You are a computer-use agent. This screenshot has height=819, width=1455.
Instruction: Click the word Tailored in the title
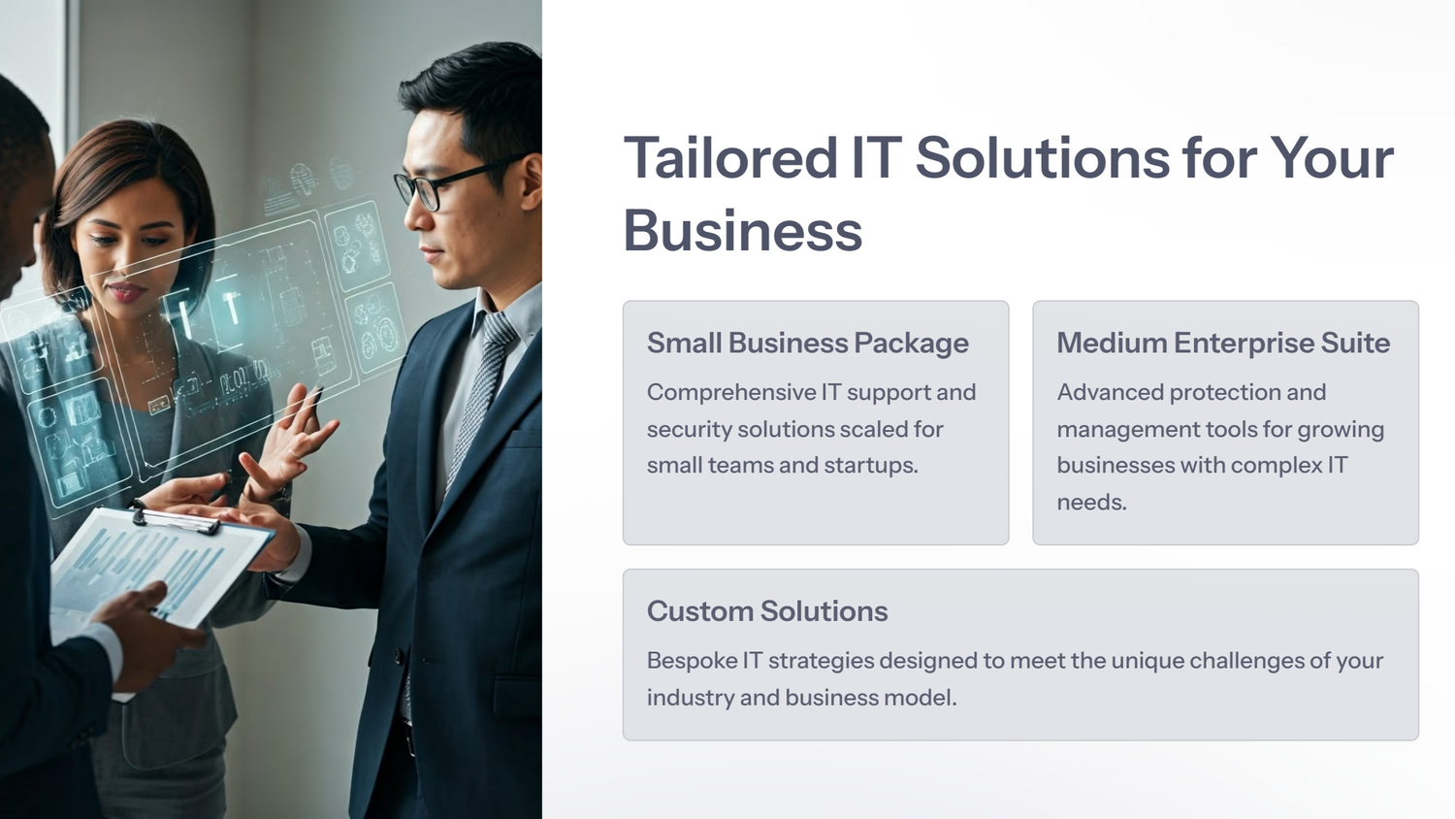pyautogui.click(x=730, y=157)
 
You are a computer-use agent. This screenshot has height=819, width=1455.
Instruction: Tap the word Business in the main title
pyautogui.click(x=742, y=231)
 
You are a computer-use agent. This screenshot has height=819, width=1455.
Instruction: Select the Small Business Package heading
pyautogui.click(x=807, y=344)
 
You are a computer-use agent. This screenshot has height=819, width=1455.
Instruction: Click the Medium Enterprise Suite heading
pyautogui.click(x=1223, y=343)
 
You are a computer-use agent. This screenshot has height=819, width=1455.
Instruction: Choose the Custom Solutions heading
pyautogui.click(x=767, y=611)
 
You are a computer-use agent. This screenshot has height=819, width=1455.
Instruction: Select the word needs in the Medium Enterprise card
pyautogui.click(x=1091, y=503)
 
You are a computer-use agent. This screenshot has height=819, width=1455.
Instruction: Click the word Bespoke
pyautogui.click(x=691, y=661)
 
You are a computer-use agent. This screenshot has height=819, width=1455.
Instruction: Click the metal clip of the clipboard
pyautogui.click(x=177, y=520)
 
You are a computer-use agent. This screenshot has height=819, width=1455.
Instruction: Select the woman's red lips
pyautogui.click(x=125, y=292)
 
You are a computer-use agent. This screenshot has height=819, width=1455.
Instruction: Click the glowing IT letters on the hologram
pyautogui.click(x=208, y=311)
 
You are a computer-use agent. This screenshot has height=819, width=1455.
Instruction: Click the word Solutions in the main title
pyautogui.click(x=1043, y=157)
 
